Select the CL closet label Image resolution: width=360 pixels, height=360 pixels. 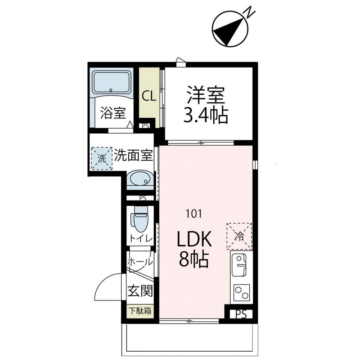click(149, 96)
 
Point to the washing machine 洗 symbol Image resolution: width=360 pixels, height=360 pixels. click(102, 158)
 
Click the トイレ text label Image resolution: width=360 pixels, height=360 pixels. click(141, 239)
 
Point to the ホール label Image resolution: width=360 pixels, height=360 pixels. click(140, 262)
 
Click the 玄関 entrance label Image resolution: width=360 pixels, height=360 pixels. click(140, 291)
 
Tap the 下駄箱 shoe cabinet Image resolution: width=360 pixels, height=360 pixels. click(140, 311)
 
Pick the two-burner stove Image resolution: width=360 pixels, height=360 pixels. click(241, 292)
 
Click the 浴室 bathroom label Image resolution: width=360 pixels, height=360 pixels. click(113, 113)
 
